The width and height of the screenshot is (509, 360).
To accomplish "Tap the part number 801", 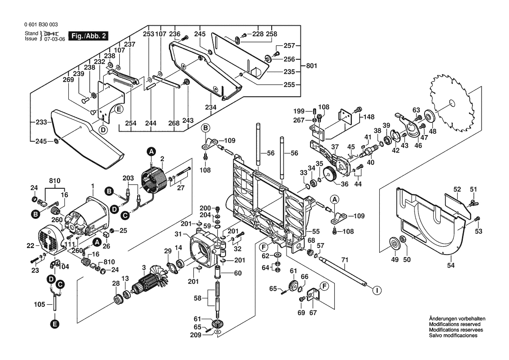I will pyautogui.click(x=311, y=66).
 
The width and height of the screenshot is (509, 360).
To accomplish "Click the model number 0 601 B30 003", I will pyautogui.click(x=41, y=25).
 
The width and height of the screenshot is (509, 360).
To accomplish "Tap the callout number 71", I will pyautogui.click(x=345, y=260).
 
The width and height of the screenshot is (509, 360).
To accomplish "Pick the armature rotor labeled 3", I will pyautogui.click(x=148, y=287).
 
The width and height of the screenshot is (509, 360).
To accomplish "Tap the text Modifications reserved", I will pyautogui.click(x=455, y=325).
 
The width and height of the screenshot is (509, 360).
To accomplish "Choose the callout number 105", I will pyautogui.click(x=40, y=304).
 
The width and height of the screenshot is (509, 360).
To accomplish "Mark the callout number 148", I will pyautogui.click(x=369, y=117).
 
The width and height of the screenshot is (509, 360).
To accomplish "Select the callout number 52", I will pyautogui.click(x=457, y=189).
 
